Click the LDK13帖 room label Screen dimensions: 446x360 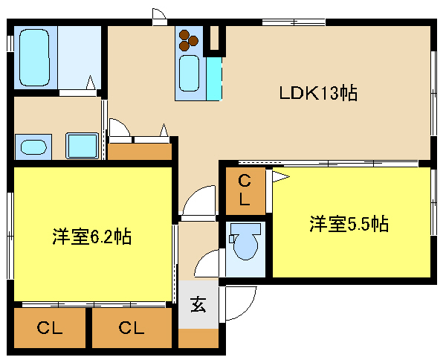tap(318, 93)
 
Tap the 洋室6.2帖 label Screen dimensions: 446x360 tap(91, 237)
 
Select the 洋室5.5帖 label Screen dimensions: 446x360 tap(349, 224)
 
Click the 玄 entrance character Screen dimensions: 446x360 tap(198, 304)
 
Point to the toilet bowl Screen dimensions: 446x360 tap(245, 241)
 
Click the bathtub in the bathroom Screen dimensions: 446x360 tap(34, 57)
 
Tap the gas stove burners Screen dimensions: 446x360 tap(188, 40)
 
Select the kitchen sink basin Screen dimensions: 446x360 tap(189, 73)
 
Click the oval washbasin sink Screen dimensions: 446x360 tap(33, 147)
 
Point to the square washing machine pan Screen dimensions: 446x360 tap(83, 146)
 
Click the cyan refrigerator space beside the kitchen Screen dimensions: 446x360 tap(214, 79)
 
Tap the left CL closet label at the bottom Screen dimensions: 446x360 tap(50, 328)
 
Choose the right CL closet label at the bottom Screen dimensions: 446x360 tap(132, 328)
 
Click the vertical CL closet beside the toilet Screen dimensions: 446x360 tap(245, 190)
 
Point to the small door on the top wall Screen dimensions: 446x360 tap(159, 16)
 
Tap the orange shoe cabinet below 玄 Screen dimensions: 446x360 tap(198, 338)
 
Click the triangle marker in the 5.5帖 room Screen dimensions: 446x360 tap(280, 176)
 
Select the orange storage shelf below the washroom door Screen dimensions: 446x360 tap(140, 152)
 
